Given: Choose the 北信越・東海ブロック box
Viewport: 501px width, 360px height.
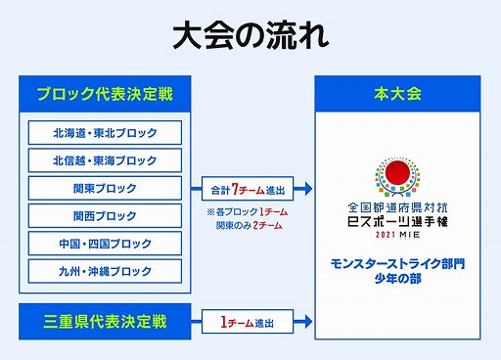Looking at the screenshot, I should pyautogui.click(x=105, y=160).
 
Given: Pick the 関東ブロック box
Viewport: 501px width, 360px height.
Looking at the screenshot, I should pyautogui.click(x=105, y=188).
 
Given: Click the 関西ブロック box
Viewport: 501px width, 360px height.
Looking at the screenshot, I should pyautogui.click(x=105, y=215).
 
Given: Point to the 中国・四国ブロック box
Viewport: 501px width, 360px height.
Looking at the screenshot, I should pyautogui.click(x=105, y=243).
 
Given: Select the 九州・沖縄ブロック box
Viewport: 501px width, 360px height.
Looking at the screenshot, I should pyautogui.click(x=105, y=270).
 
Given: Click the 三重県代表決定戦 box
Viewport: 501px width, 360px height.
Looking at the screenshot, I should pyautogui.click(x=105, y=319).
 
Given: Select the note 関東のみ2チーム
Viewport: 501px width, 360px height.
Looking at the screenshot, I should pyautogui.click(x=250, y=226).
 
